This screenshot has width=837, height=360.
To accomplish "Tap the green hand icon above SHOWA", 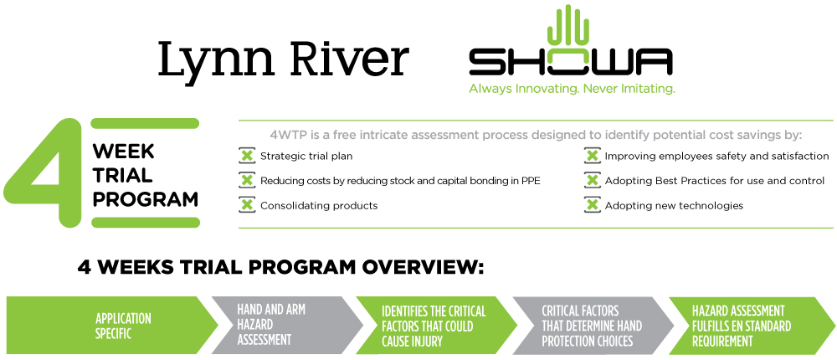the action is pyautogui.click(x=570, y=24).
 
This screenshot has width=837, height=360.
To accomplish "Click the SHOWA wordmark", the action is pyautogui.click(x=571, y=61).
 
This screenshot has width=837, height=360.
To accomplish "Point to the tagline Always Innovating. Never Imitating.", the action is pyautogui.click(x=572, y=89).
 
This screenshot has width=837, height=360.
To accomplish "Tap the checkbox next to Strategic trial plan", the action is pyautogui.click(x=247, y=157).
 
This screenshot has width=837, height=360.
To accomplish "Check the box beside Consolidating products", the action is pyautogui.click(x=247, y=206).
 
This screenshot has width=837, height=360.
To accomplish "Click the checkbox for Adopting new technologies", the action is pyautogui.click(x=592, y=206).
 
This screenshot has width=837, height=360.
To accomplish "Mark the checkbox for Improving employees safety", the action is pyautogui.click(x=592, y=157).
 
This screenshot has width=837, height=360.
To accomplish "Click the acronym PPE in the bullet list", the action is pyautogui.click(x=531, y=181).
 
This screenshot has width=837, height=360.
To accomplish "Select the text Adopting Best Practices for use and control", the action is pyautogui.click(x=715, y=181).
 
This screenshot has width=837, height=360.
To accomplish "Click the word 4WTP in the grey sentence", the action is pyautogui.click(x=286, y=135).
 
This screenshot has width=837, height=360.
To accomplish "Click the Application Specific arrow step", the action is pyautogui.click(x=113, y=326).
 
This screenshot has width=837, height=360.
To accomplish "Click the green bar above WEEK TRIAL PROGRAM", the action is pyautogui.click(x=145, y=123).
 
